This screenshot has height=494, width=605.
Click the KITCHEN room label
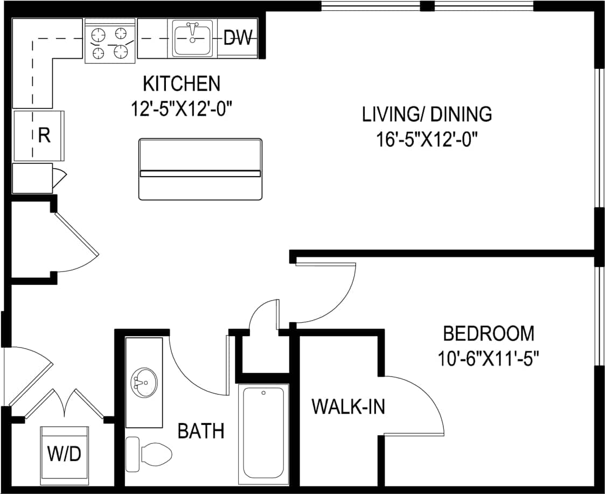point(182,84)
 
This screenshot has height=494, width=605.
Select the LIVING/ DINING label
point(427,114)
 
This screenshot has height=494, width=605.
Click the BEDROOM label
point(489,333)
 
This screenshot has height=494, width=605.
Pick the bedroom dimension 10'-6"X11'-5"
point(489,358)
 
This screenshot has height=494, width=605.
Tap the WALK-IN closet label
point(349,407)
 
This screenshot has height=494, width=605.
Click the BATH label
point(201,431)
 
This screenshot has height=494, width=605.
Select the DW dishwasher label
point(238,38)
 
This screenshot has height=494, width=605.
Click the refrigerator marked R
point(39,136)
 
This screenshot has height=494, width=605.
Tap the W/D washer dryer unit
point(65,455)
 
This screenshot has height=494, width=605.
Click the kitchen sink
point(192,38)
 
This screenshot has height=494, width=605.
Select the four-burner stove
point(110,41)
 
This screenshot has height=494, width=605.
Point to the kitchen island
point(200,169)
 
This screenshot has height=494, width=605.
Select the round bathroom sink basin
point(144,382)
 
